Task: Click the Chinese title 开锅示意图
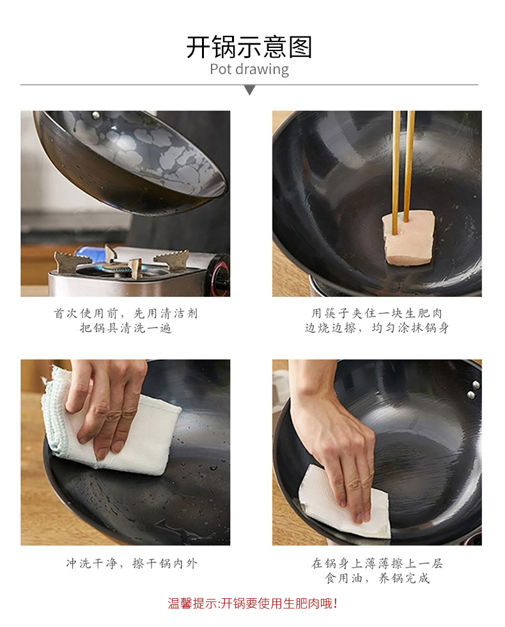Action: click(249, 47)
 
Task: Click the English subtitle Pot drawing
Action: click(249, 69)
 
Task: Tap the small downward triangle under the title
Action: click(249, 90)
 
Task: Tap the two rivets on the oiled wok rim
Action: click(474, 390)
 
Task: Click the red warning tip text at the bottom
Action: click(252, 603)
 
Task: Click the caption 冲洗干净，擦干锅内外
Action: click(132, 563)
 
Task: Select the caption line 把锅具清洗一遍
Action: click(125, 328)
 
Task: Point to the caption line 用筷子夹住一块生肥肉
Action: click(377, 313)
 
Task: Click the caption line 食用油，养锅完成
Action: click(377, 578)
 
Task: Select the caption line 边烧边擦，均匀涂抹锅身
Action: click(377, 328)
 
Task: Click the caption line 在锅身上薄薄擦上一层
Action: click(377, 563)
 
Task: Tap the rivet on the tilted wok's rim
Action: click(96, 116)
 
